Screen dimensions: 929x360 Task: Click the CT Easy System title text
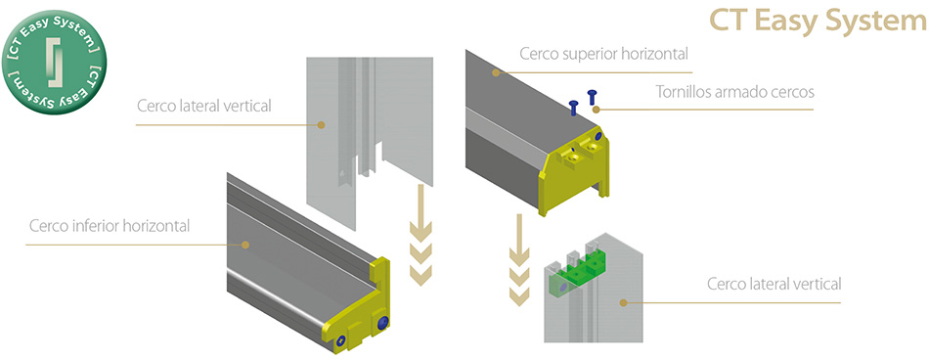tap(818, 22)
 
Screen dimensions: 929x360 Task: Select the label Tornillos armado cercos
tap(734, 92)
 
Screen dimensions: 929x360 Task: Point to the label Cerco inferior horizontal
tap(110, 226)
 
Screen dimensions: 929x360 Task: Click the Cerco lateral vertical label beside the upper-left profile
tap(203, 107)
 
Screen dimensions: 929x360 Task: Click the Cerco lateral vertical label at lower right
tap(774, 284)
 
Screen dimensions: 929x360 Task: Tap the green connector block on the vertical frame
tap(578, 269)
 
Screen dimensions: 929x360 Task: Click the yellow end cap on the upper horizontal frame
tap(574, 172)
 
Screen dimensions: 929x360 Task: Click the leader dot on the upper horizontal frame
tap(497, 72)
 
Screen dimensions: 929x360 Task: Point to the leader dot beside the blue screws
tap(597, 110)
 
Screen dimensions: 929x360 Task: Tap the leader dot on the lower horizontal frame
tap(243, 244)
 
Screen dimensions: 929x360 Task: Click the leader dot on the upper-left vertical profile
tap(321, 124)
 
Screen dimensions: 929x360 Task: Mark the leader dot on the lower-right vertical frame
tap(623, 302)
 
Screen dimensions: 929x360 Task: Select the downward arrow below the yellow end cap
tap(519, 260)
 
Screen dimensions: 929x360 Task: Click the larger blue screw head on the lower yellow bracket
tap(382, 323)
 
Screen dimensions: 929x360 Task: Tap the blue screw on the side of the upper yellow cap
tap(597, 136)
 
